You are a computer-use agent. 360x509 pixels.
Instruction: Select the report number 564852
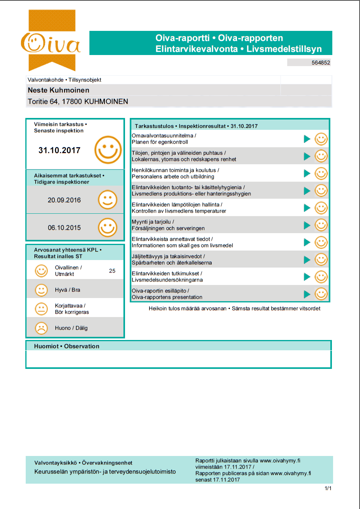tap(321, 63)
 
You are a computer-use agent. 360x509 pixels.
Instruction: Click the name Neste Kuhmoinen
tap(59, 90)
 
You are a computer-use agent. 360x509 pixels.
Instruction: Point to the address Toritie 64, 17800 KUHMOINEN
tap(78, 102)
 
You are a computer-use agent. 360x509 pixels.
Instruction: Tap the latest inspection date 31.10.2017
tap(59, 150)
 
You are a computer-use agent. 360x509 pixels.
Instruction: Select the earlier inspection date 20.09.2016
tap(64, 200)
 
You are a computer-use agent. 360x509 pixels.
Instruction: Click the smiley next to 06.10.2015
tap(108, 228)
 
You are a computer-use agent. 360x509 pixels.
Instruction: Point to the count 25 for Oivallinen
tap(112, 271)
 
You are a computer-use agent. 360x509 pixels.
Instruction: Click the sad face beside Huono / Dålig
tap(41, 328)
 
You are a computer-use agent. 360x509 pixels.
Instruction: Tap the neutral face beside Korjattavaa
tap(41, 309)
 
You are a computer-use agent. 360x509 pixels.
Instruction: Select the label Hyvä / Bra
tap(67, 290)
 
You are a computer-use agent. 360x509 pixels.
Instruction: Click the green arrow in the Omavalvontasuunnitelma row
tap(307, 139)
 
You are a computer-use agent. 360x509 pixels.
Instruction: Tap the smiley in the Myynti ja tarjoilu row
tap(321, 225)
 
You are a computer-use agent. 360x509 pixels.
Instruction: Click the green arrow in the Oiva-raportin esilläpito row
tap(307, 294)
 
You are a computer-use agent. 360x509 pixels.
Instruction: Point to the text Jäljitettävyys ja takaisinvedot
tap(168, 256)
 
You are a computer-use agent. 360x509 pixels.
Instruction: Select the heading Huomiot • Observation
tap(67, 346)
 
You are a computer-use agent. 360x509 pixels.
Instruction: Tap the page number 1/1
tap(328, 489)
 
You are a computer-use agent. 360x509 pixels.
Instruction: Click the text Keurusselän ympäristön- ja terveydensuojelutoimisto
tap(105, 472)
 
